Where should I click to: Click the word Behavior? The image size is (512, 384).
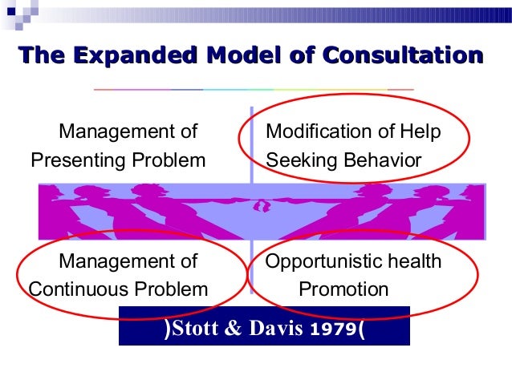click(384, 160)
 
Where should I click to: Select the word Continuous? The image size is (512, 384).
click(80, 289)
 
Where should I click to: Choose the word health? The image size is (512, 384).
click(411, 261)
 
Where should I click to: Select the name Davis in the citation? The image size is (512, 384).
click(274, 329)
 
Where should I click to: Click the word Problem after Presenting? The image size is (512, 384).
click(169, 160)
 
